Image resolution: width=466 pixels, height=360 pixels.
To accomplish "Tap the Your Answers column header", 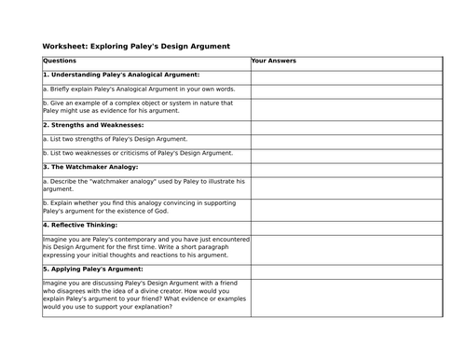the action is pyautogui.click(x=274, y=61).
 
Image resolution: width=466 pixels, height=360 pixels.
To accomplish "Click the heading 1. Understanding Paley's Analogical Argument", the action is pyautogui.click(x=121, y=75).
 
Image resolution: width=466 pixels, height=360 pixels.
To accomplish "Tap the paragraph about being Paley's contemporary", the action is pyautogui.click(x=144, y=246).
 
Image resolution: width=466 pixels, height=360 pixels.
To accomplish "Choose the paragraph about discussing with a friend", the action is pyautogui.click(x=144, y=296).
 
